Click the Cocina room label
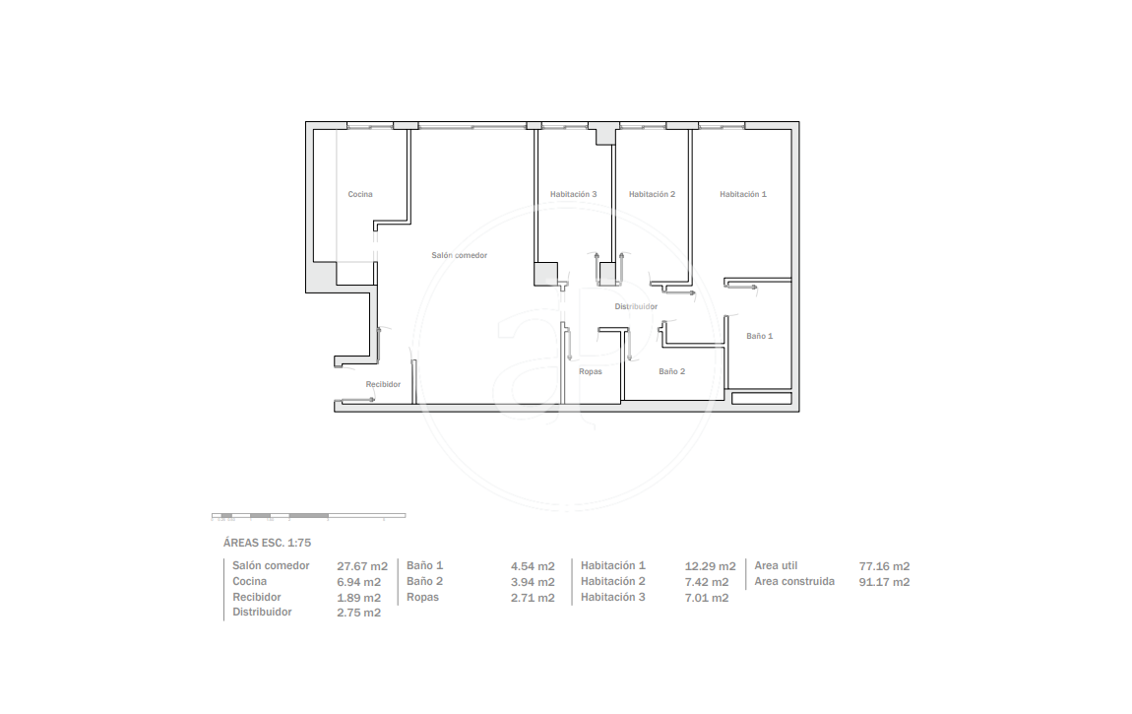click(x=360, y=194)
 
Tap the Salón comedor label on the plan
click(x=459, y=256)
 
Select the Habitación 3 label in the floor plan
click(x=573, y=194)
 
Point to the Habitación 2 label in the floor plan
click(x=652, y=194)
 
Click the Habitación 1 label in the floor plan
click(x=743, y=194)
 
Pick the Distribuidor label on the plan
click(x=636, y=307)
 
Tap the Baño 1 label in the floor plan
click(x=760, y=337)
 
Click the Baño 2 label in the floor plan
click(x=671, y=372)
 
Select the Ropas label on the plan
click(x=591, y=372)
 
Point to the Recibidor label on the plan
click(x=383, y=385)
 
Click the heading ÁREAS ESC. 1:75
click(x=267, y=543)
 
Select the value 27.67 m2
click(x=362, y=566)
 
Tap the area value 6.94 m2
click(x=359, y=582)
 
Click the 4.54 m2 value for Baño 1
click(x=533, y=566)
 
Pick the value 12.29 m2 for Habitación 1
click(x=711, y=566)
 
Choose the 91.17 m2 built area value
click(x=884, y=582)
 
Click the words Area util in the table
click(x=776, y=566)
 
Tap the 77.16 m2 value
click(x=884, y=566)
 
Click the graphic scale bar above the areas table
click(x=308, y=515)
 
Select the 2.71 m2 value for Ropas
click(x=533, y=598)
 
